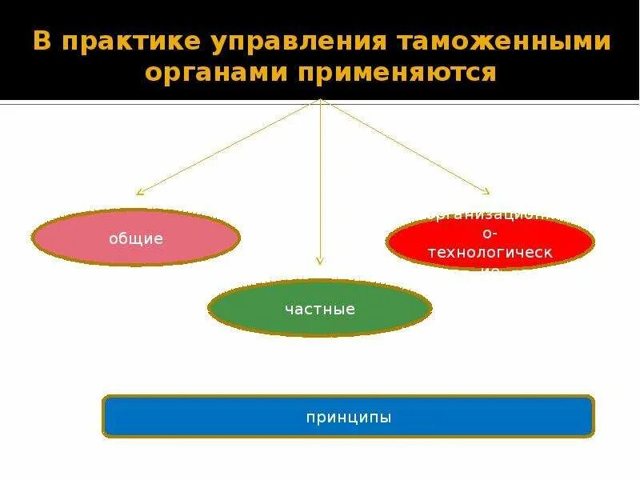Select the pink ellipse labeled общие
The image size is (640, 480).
(136, 238)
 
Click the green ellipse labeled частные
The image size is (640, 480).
(320, 308)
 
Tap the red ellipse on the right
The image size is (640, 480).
(490, 242)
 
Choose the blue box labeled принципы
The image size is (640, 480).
(348, 416)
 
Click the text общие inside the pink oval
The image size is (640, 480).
(136, 238)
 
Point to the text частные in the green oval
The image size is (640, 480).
(320, 308)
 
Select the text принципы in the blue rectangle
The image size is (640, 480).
(348, 417)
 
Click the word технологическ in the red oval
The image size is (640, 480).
(490, 253)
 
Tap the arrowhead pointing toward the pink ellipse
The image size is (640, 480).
(139, 192)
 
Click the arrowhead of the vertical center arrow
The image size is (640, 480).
(320, 260)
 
